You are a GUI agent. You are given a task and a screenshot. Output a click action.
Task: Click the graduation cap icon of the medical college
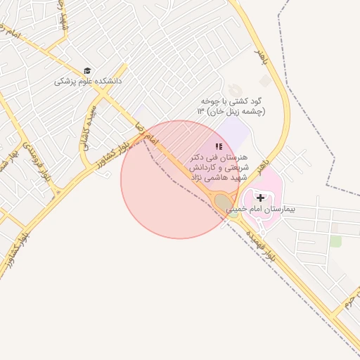coord(88,71)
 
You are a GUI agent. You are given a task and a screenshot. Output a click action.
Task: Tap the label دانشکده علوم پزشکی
coord(89,82)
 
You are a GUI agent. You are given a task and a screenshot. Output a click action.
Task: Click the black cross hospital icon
coord(261,198)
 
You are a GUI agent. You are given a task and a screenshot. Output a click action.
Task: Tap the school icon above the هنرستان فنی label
coord(219,146)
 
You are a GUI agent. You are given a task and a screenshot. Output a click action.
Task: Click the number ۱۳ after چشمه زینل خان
coord(200,112)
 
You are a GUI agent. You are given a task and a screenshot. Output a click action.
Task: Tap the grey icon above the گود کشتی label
coord(264,82)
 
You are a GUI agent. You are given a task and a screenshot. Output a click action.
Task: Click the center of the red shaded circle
coord(179,179)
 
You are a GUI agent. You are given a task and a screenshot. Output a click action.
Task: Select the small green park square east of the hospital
coord(335,241)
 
